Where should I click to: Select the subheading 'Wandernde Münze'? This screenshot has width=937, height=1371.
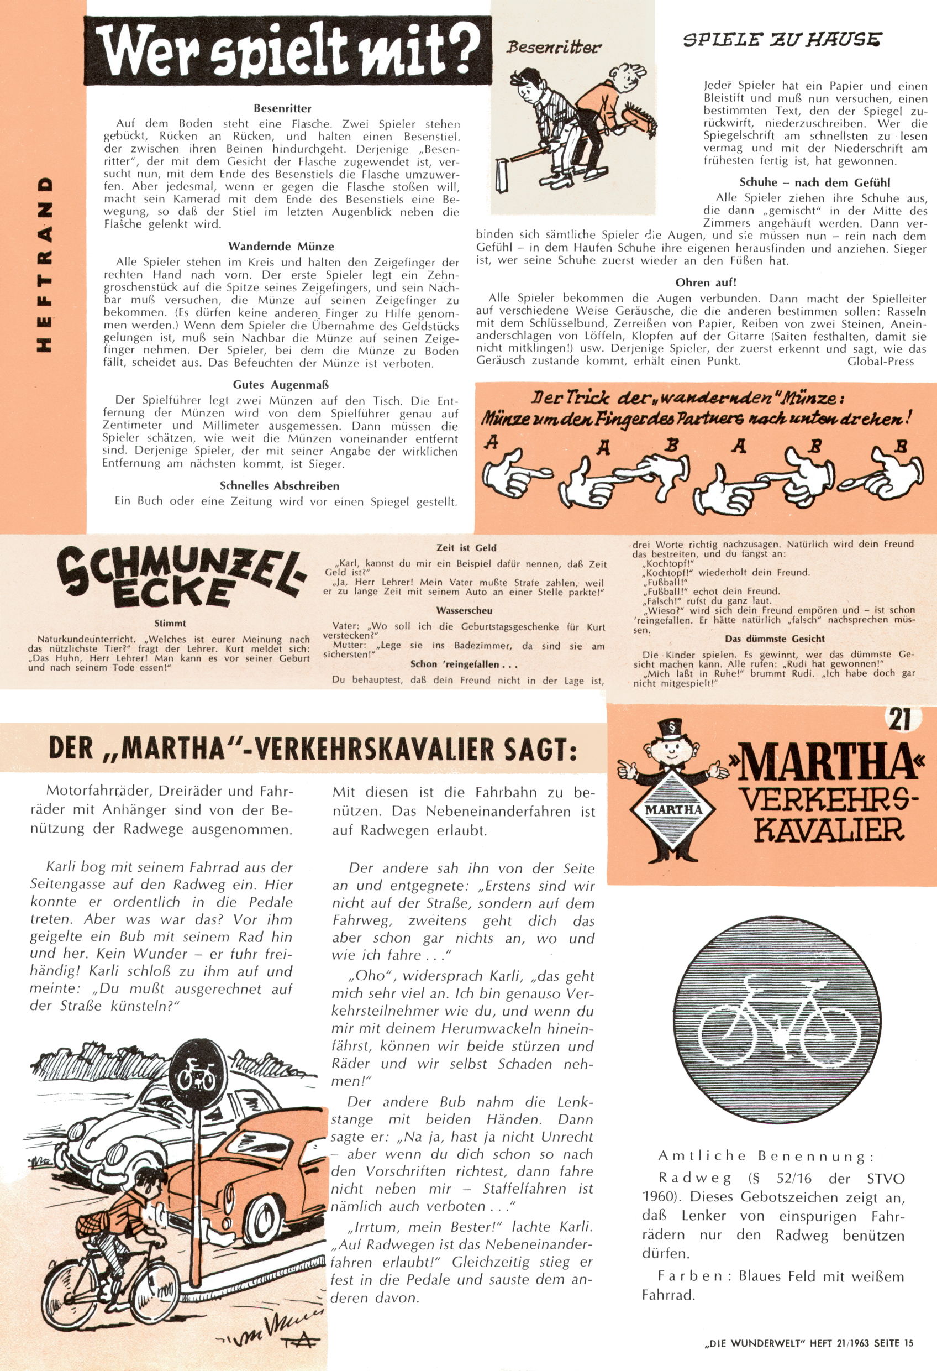point(281,247)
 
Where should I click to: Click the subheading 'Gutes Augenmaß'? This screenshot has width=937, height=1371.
point(281,385)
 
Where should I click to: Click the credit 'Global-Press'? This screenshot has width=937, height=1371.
point(880,361)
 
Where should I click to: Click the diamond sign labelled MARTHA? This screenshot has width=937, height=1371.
point(673,809)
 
